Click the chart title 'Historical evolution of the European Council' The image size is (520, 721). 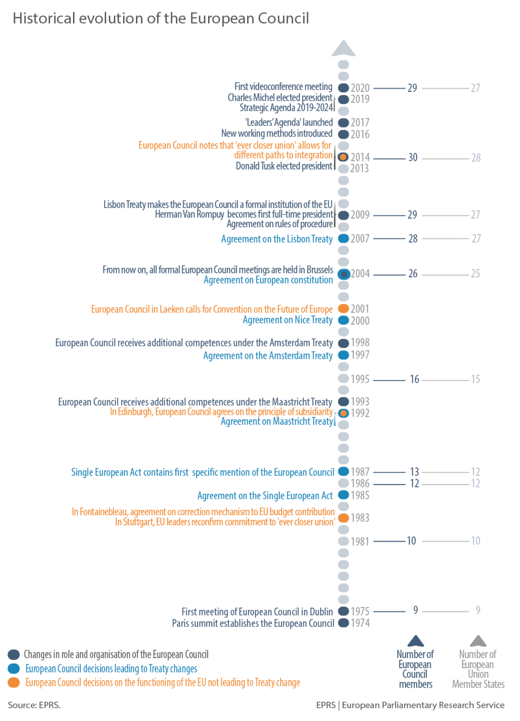click(x=161, y=18)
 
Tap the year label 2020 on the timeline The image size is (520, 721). click(x=360, y=88)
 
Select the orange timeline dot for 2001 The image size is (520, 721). click(x=343, y=309)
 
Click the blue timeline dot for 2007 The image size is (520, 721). click(x=343, y=238)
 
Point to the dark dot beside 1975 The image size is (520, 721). click(x=343, y=611)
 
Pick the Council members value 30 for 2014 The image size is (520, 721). click(x=412, y=158)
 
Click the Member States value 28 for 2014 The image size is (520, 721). click(x=476, y=158)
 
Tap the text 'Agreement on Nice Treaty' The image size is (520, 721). click(x=287, y=320)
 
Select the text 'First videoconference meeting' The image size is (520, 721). click(x=283, y=87)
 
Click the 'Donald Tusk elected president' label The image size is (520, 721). click(x=284, y=166)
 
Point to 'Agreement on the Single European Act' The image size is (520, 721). click(x=265, y=496)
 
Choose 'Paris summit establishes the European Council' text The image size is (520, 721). click(x=253, y=623)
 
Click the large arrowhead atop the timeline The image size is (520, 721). click(x=343, y=49)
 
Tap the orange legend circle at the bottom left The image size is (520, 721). click(x=14, y=683)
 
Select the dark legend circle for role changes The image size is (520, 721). click(x=14, y=655)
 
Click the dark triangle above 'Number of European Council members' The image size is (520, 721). click(x=415, y=641)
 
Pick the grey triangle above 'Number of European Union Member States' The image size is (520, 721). click(x=478, y=641)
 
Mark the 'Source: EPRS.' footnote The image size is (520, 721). click(x=34, y=705)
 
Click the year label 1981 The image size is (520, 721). click(x=360, y=542)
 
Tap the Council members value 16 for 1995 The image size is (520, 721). click(x=414, y=379)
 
